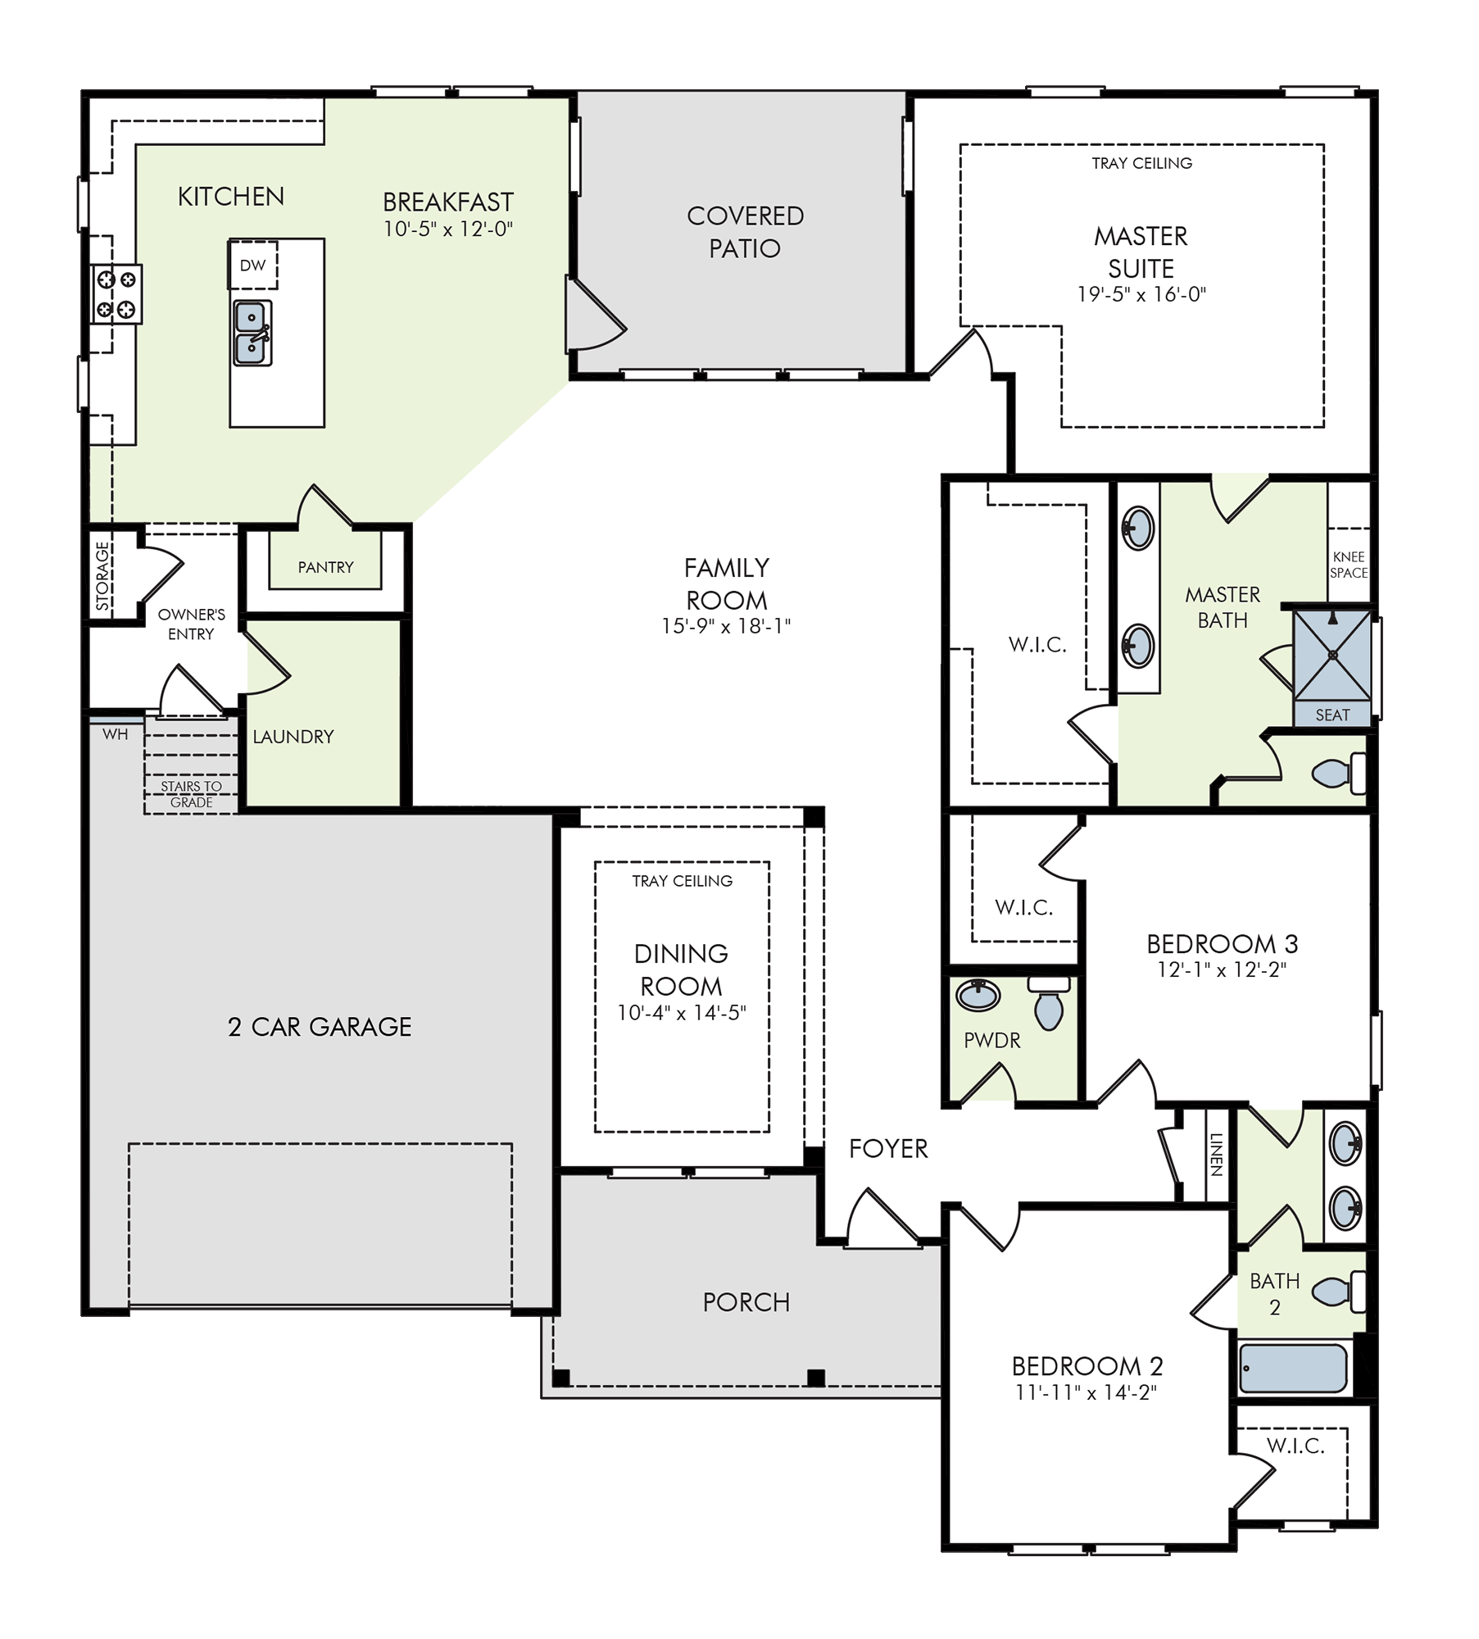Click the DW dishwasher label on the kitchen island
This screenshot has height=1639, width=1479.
252,266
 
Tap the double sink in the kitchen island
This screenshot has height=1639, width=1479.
252,333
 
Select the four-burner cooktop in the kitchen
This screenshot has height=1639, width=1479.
116,294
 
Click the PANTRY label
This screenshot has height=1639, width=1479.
325,567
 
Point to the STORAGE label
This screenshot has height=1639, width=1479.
102,576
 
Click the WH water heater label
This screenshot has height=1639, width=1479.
116,734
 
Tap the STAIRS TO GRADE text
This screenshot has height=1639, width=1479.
191,794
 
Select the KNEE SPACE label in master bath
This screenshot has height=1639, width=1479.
1349,565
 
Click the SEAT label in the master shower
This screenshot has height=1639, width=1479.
1332,715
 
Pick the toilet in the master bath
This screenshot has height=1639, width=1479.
1339,773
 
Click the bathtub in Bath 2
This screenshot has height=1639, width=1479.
1293,1368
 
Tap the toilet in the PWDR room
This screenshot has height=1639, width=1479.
1049,1003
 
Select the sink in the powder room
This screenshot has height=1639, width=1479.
978,995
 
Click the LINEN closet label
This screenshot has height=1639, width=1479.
1217,1155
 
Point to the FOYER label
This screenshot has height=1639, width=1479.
888,1149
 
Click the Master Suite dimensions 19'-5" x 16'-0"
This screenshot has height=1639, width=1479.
1141,295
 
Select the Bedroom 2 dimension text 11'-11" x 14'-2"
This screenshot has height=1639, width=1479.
1086,1392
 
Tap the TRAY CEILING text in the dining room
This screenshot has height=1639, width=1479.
682,881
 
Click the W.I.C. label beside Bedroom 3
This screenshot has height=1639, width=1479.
1024,907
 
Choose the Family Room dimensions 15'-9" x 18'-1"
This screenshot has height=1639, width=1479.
726,626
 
